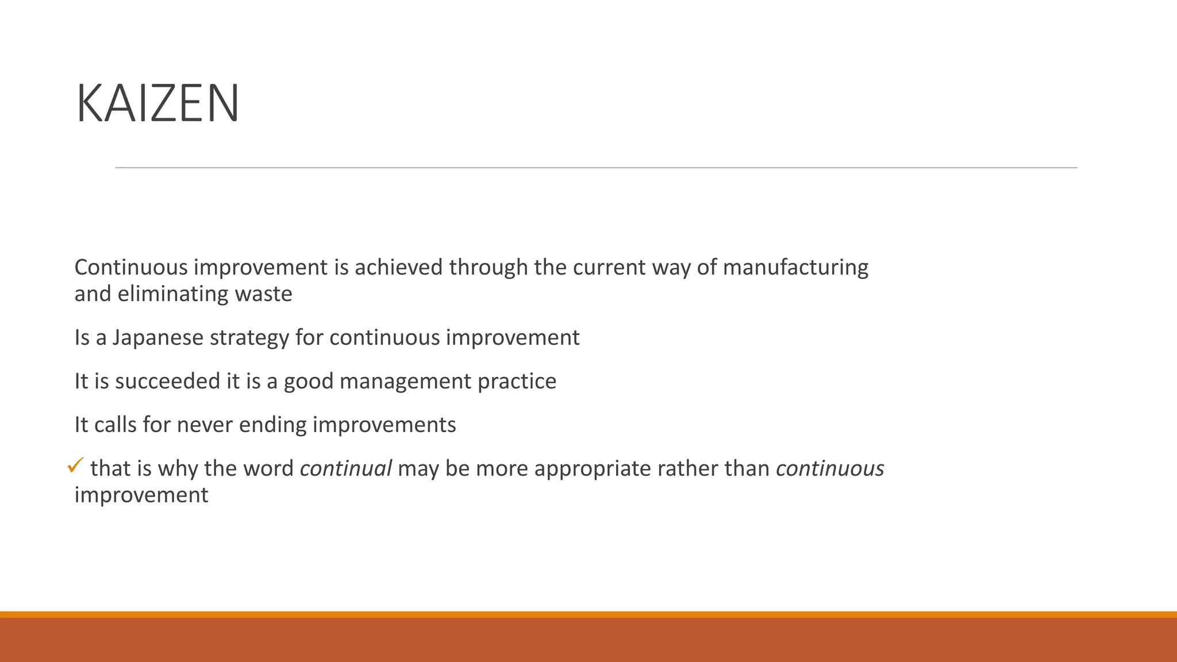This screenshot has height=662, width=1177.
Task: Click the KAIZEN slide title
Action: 157,104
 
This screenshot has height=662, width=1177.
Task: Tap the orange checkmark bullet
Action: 75,465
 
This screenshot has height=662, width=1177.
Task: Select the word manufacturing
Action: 795,268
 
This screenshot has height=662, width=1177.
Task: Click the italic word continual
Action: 345,468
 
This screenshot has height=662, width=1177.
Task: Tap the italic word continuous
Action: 829,468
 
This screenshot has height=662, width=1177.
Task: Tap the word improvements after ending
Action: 384,425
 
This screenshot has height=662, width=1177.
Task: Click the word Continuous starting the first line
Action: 130,268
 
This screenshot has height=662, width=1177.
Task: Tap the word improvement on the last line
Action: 141,495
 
